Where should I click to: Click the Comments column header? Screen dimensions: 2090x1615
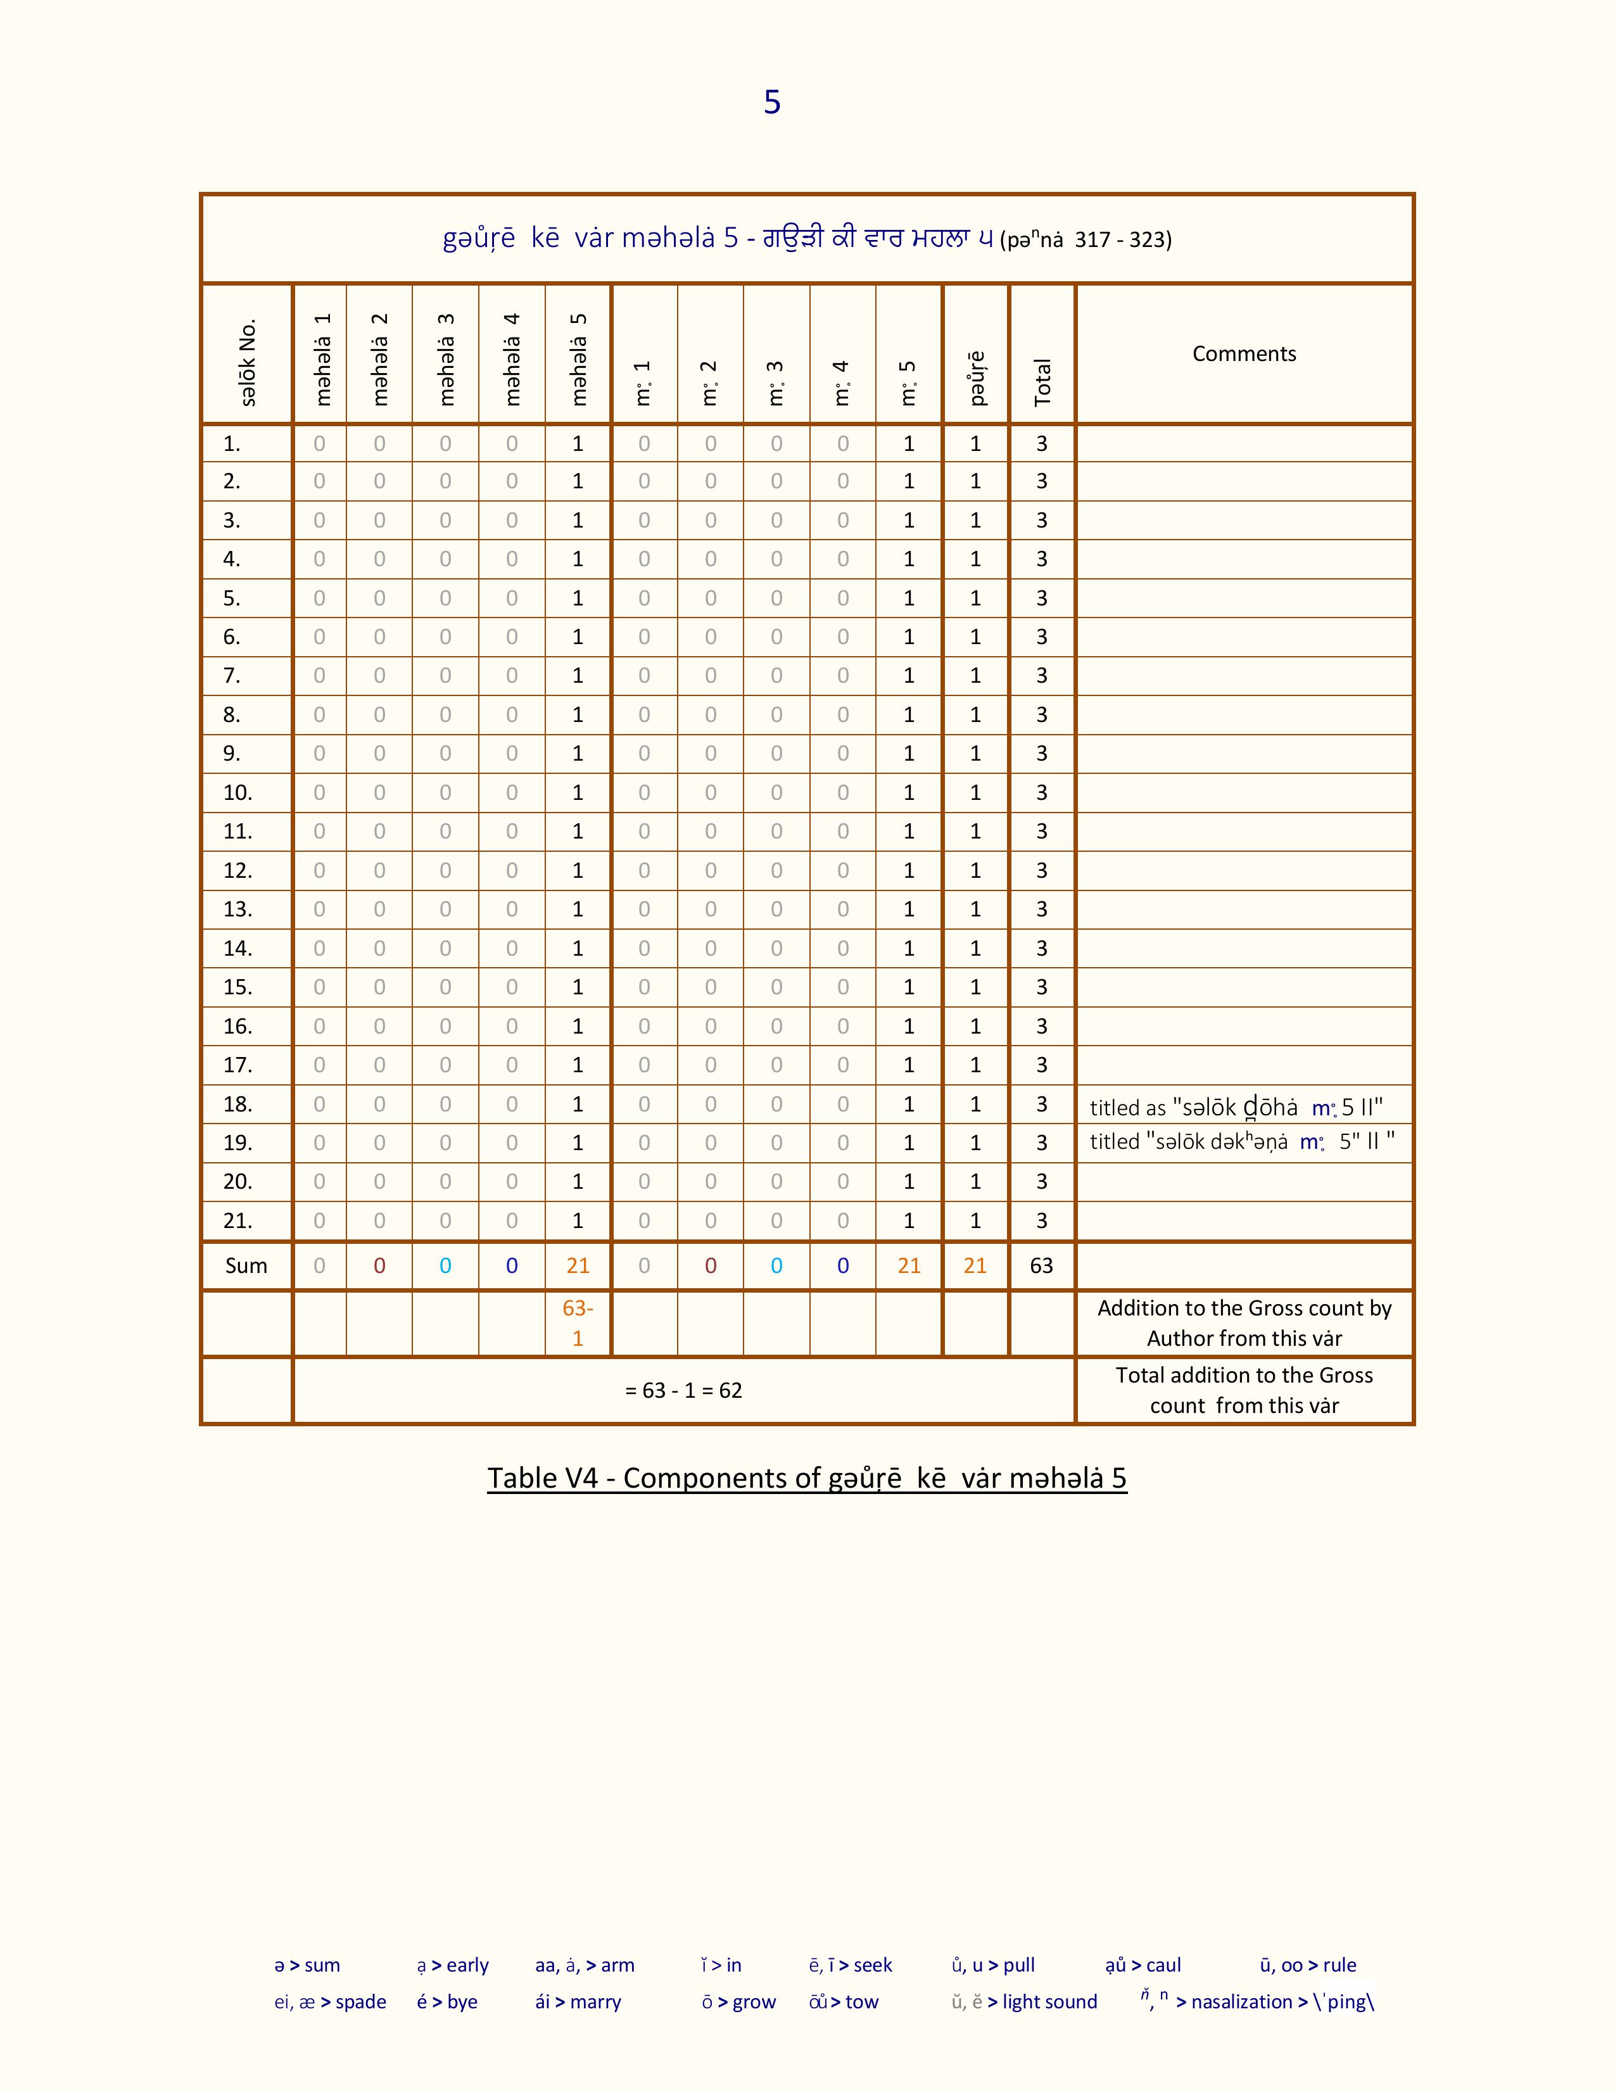coord(1244,354)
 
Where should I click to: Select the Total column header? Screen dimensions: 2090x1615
coord(1042,382)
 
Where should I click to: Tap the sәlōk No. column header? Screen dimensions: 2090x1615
coord(248,363)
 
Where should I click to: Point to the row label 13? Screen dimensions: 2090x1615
coord(237,909)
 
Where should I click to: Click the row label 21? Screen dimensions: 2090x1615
coord(237,1221)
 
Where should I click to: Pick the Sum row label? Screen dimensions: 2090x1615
coord(246,1266)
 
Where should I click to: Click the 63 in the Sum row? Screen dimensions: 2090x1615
coord(1041,1266)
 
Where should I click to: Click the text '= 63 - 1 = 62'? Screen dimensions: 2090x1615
coord(683,1390)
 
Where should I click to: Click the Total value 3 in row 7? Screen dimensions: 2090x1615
coord(1042,676)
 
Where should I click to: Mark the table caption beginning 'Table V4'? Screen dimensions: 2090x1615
coord(806,1478)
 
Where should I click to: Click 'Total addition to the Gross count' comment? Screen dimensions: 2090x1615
coord(1244,1390)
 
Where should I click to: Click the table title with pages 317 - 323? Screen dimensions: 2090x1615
coord(806,238)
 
